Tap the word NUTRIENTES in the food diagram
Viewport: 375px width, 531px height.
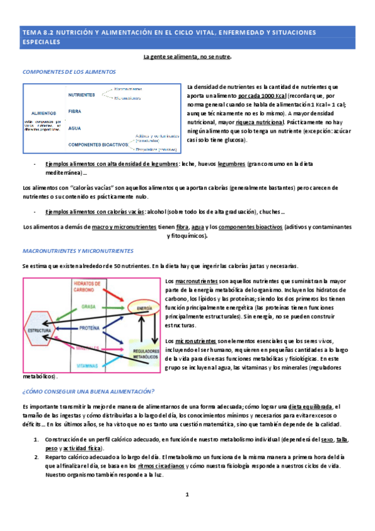pos(81,95)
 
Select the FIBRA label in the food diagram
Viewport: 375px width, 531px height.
pos(75,111)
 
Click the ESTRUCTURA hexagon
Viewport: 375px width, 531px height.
pos(39,330)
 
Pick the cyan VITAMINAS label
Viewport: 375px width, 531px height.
pos(88,364)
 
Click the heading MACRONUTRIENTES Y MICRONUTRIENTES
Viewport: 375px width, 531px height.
pos(78,250)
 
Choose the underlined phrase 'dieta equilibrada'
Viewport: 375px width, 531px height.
pos(311,406)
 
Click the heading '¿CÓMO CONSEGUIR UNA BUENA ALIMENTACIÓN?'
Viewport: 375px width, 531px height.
pos(88,391)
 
